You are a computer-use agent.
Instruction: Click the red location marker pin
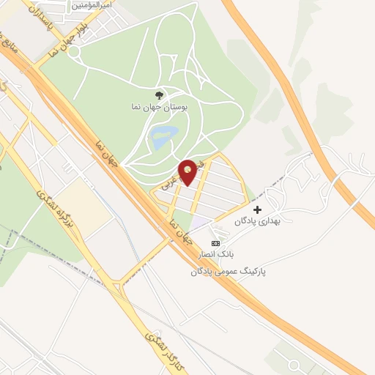point(188,171)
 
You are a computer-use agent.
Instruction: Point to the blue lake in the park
point(164,134)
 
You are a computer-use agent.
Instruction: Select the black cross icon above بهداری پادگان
point(257,209)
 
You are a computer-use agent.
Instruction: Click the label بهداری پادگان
point(259,221)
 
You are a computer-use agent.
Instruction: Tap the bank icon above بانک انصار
point(215,243)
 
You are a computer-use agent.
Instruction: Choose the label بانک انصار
point(215,255)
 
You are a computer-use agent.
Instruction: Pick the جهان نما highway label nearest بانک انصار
point(179,230)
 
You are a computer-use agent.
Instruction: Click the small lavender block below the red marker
point(199,223)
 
